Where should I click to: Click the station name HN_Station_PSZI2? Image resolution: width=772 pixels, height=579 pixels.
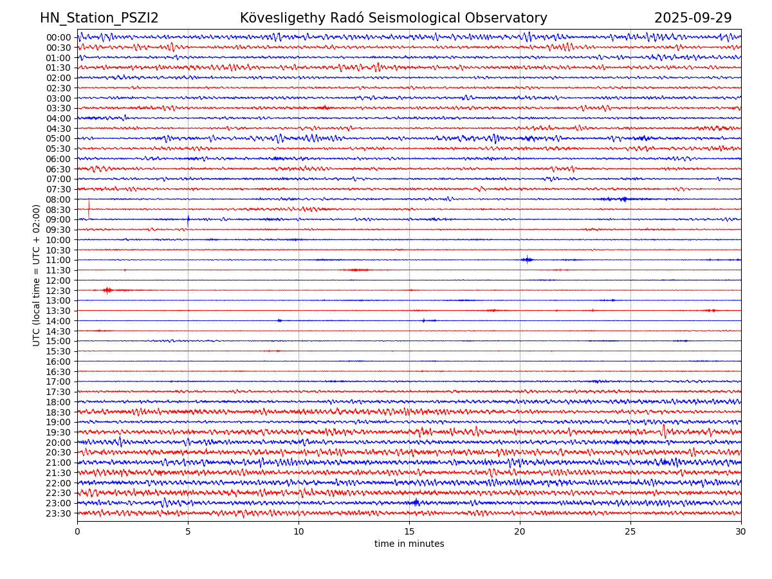(99, 18)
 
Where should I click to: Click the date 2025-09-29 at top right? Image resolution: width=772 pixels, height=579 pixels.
(693, 18)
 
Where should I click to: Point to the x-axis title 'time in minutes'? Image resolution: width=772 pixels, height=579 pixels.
(409, 544)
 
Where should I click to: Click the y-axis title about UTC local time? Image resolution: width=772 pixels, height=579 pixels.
(37, 275)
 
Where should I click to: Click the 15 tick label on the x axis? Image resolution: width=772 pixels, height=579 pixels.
(409, 532)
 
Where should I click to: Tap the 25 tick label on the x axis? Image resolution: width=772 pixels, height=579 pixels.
(630, 532)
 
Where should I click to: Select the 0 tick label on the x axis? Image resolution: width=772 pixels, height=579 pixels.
(77, 532)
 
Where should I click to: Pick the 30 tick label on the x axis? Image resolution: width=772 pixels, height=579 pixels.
(741, 532)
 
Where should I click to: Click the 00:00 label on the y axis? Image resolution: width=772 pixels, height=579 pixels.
(59, 37)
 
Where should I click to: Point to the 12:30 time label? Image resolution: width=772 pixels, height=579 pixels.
(59, 291)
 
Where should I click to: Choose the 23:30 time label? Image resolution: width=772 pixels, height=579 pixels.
(59, 513)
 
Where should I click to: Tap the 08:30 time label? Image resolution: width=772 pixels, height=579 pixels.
(59, 210)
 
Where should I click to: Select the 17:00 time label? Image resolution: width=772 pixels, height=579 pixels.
(59, 381)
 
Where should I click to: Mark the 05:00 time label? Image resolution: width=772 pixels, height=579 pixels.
(59, 138)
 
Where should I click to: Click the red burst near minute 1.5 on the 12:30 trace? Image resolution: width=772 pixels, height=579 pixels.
(107, 290)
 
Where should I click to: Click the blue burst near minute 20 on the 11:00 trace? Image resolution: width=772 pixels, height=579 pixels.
(527, 260)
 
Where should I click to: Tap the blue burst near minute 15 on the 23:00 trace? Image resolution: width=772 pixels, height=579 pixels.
(416, 502)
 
